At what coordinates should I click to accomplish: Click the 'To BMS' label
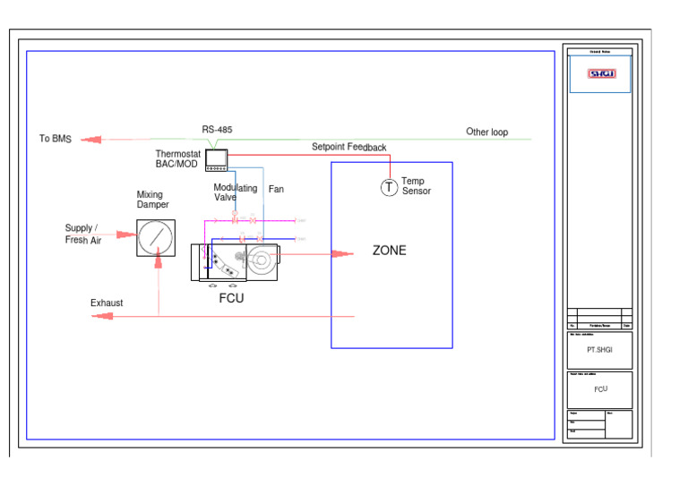55,139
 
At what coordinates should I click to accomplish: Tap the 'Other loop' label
486,132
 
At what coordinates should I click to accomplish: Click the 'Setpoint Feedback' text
348,147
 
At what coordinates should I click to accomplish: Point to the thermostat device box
218,159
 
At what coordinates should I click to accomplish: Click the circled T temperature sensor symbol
389,187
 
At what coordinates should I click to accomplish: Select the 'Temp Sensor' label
416,186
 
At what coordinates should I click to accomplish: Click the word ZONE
389,251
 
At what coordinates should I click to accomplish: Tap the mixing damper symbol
156,237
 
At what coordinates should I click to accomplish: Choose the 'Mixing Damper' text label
152,200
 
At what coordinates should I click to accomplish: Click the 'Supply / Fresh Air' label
82,234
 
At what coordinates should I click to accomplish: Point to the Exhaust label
107,303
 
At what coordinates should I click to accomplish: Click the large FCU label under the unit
231,299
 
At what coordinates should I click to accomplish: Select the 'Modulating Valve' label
235,192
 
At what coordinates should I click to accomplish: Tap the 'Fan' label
276,190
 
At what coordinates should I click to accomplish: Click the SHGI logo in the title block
601,74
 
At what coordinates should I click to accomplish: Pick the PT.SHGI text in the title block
600,350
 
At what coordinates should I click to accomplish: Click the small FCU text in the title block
600,389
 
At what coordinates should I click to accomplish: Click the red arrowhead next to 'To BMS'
90,140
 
